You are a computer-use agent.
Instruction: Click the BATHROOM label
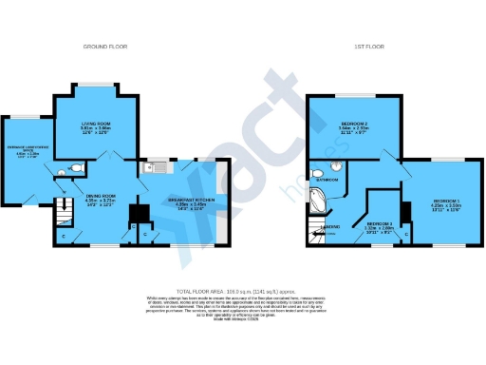[x=327, y=179]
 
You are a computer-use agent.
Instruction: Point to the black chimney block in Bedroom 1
[x=404, y=212]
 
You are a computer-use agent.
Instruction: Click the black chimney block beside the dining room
[x=137, y=209]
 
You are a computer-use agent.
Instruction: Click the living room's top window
[x=96, y=87]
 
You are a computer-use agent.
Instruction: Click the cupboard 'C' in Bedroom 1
[x=406, y=233]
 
